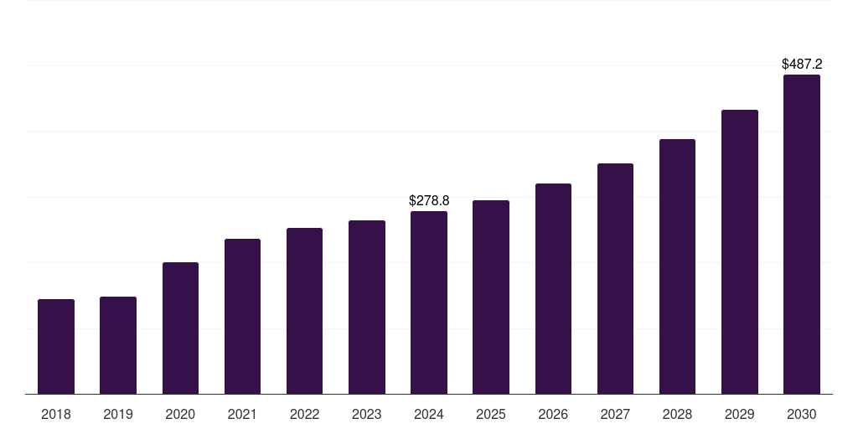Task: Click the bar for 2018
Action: pyautogui.click(x=56, y=346)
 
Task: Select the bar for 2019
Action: pyautogui.click(x=118, y=345)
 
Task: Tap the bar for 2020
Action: pyautogui.click(x=180, y=328)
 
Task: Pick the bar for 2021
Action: pyautogui.click(x=242, y=316)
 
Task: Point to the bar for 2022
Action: pyautogui.click(x=304, y=311)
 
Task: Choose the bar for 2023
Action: pyautogui.click(x=367, y=307)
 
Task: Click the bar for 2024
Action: pyautogui.click(x=429, y=302)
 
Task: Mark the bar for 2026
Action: pyautogui.click(x=553, y=288)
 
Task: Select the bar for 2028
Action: pyautogui.click(x=677, y=266)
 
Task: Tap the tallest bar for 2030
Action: pyautogui.click(x=801, y=234)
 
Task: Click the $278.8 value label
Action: pyautogui.click(x=429, y=200)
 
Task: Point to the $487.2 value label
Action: pyautogui.click(x=802, y=64)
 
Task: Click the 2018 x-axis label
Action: pyautogui.click(x=56, y=414)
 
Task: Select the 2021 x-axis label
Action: pyautogui.click(x=242, y=414)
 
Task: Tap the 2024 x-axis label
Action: pyautogui.click(x=429, y=414)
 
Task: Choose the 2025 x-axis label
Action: pyautogui.click(x=491, y=414)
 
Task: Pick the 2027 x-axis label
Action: pyautogui.click(x=615, y=414)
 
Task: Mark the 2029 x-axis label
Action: pyautogui.click(x=739, y=414)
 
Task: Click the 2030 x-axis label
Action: pyautogui.click(x=801, y=414)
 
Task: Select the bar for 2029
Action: pyautogui.click(x=739, y=251)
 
